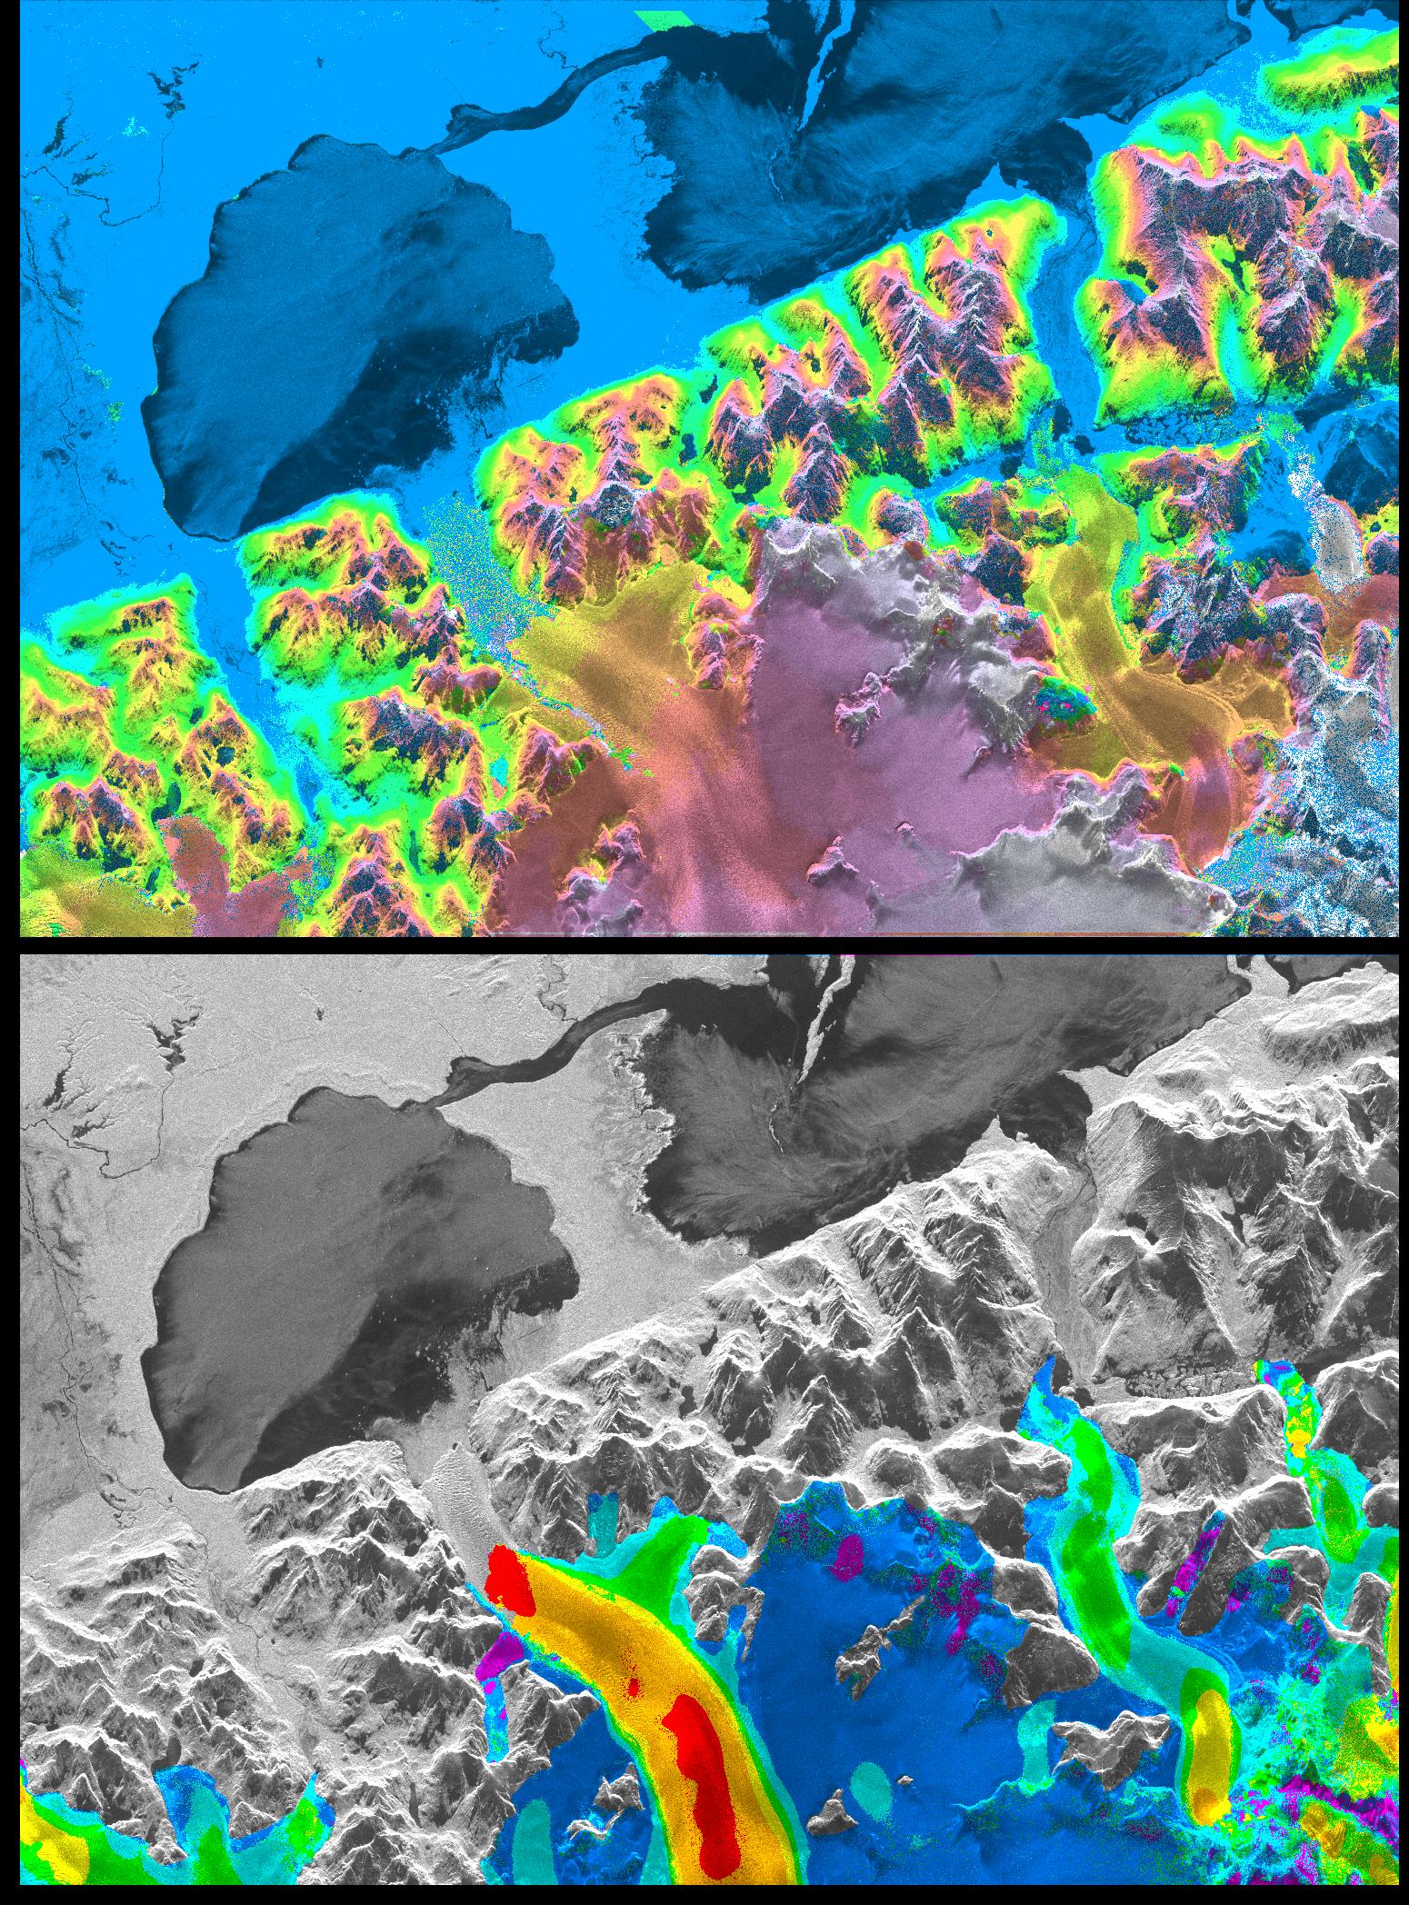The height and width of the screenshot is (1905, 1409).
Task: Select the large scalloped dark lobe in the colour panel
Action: pyautogui.click(x=345, y=327)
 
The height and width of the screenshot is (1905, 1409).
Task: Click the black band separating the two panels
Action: pyautogui.click(x=704, y=945)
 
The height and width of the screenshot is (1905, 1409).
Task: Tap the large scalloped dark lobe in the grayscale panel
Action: pyautogui.click(x=345, y=1272)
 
